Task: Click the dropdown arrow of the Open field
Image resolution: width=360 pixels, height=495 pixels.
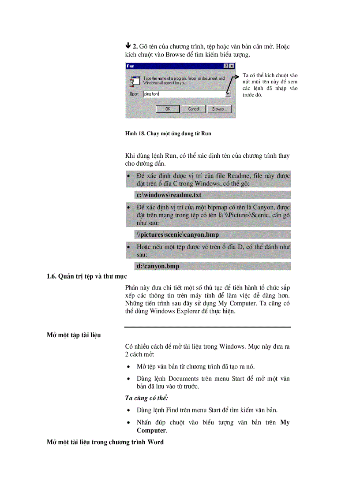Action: click(x=228, y=94)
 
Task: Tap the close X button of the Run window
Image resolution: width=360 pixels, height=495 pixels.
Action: click(x=232, y=66)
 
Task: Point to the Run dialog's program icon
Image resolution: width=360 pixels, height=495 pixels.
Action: click(x=132, y=80)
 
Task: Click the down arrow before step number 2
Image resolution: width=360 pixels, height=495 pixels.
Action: click(x=128, y=46)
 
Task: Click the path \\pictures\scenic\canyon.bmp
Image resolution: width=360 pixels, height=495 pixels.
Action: click(x=177, y=234)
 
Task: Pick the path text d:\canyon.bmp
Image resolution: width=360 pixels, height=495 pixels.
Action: click(x=158, y=266)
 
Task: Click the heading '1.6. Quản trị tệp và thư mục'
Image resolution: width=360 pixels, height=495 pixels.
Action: click(x=87, y=276)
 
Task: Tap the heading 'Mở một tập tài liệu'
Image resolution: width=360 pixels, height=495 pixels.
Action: click(x=74, y=335)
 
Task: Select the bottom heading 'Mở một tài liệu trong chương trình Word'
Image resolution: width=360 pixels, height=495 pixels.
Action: click(x=105, y=442)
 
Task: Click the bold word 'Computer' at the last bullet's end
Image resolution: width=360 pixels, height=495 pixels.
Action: click(x=151, y=430)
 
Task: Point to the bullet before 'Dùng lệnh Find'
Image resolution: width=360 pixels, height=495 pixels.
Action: click(x=128, y=410)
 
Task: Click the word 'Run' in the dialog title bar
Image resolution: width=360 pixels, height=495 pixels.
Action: click(x=131, y=66)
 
